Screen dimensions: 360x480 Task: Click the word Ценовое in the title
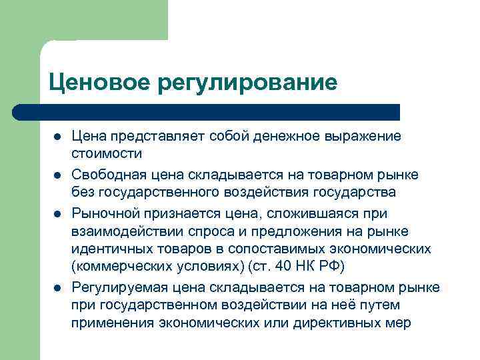[99, 83]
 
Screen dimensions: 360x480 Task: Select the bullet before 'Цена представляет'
[57, 137]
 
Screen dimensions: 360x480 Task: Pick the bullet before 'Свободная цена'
[57, 175]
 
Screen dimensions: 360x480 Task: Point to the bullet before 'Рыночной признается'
[57, 213]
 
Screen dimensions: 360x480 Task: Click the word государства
[351, 193]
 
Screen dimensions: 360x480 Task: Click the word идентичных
[113, 249]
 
